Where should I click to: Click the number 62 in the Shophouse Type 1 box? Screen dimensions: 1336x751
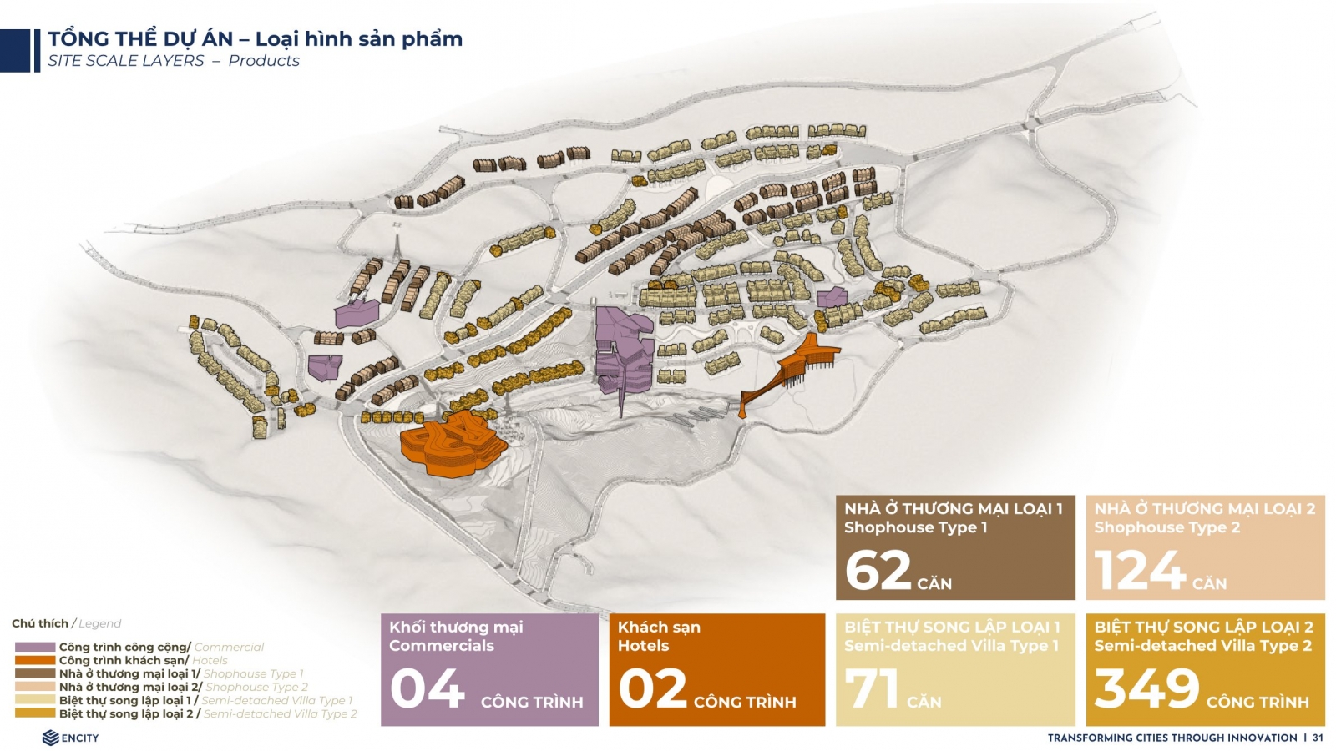[x=878, y=571]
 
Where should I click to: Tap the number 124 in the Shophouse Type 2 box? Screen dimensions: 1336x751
[x=1139, y=571]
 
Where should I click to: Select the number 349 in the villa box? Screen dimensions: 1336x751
[x=1146, y=688]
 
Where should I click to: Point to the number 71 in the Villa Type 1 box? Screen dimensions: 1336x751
[x=872, y=688]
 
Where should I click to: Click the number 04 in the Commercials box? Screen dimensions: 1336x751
[x=427, y=688]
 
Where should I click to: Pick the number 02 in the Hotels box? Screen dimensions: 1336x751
[x=652, y=688]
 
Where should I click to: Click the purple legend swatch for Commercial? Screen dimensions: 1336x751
[x=34, y=647]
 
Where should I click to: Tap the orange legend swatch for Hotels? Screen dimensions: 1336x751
[x=34, y=660]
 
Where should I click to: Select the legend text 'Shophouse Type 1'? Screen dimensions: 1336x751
[x=254, y=673]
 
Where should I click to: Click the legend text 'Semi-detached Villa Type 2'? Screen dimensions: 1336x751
[x=281, y=713]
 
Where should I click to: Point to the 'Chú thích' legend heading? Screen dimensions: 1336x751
[x=40, y=623]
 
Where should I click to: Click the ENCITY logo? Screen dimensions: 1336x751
[x=70, y=738]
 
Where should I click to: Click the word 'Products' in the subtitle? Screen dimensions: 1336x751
[x=264, y=61]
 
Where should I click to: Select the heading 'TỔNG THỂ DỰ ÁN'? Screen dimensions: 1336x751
[x=140, y=38]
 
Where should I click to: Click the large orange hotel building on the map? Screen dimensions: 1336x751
[x=452, y=444]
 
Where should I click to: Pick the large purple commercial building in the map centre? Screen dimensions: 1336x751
[x=624, y=351]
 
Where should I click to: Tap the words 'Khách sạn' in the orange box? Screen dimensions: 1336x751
[x=659, y=627]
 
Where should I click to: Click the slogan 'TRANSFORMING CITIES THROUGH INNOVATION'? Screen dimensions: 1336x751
[x=1172, y=738]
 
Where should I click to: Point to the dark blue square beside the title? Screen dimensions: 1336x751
[x=15, y=51]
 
